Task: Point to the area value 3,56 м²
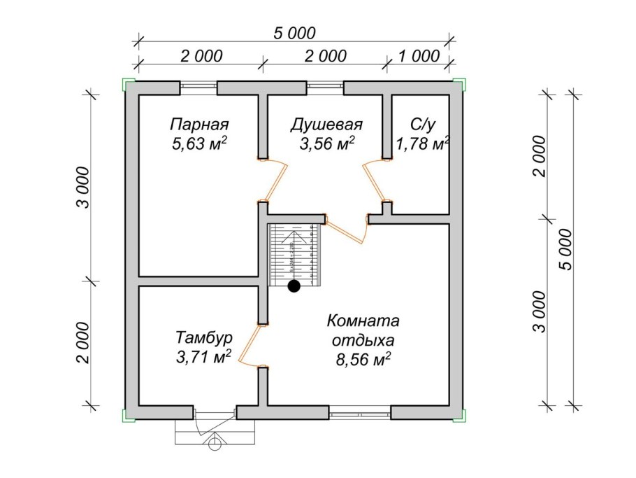pyautogui.click(x=327, y=145)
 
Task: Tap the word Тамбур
pyautogui.click(x=204, y=338)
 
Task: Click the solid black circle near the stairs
pyautogui.click(x=294, y=286)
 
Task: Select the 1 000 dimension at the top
pyautogui.click(x=419, y=56)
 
